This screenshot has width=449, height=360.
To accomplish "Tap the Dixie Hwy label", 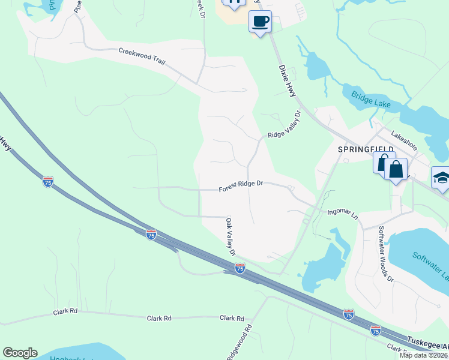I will point(288,81).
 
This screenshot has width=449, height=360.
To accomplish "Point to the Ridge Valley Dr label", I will point(284,127).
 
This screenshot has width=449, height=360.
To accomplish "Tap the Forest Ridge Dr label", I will point(241,187).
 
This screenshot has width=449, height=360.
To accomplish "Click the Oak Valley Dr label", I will point(231,236).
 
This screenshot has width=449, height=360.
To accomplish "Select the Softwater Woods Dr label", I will point(385,253).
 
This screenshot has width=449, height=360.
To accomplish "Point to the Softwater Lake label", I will point(430,264).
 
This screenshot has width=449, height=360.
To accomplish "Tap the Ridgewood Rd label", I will point(239,343).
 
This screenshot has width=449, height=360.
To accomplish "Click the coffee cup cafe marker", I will point(259,22).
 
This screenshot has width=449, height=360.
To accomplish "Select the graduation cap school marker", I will point(441,178).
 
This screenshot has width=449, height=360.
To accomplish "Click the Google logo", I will point(20,353).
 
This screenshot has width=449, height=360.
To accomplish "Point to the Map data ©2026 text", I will point(424,355).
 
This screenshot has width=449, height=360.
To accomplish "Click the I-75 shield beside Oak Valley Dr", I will point(240,268).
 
